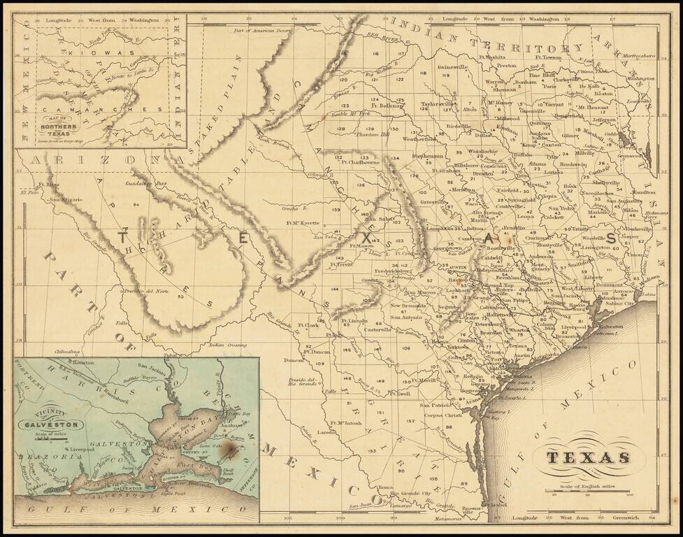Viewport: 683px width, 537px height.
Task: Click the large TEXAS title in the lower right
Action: click(x=587, y=458)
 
